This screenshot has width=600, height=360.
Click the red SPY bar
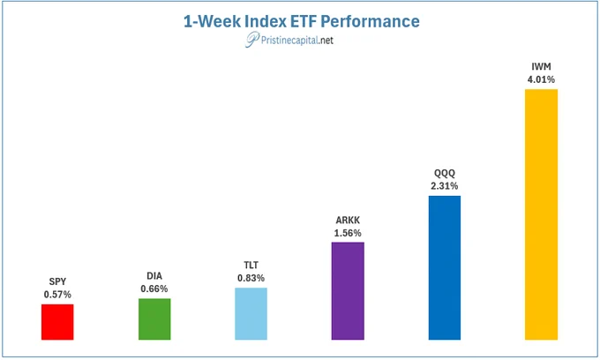coord(57,322)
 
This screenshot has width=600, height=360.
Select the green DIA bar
coord(154,319)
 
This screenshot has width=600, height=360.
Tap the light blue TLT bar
coord(251,314)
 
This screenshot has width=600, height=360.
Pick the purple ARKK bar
coord(348,291)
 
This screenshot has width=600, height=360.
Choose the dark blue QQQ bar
coord(445,268)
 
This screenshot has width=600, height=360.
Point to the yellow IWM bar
coord(541,214)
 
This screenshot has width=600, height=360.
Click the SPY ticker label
coord(57,281)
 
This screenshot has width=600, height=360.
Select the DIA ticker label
coord(154,276)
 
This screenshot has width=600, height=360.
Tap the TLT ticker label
coord(251,265)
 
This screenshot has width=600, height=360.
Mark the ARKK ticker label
coord(348,221)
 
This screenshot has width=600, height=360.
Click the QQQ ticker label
coord(445,173)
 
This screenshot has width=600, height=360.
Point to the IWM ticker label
coord(541,66)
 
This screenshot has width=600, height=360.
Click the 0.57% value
coord(57,295)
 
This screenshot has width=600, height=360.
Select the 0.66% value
coord(154,289)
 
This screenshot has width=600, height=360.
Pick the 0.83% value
coord(251,278)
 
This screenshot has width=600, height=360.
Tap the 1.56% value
coord(348,233)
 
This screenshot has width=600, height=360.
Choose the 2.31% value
coord(444,186)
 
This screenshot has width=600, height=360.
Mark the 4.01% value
coord(541,79)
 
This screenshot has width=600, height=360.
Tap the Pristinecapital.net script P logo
coord(251,40)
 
